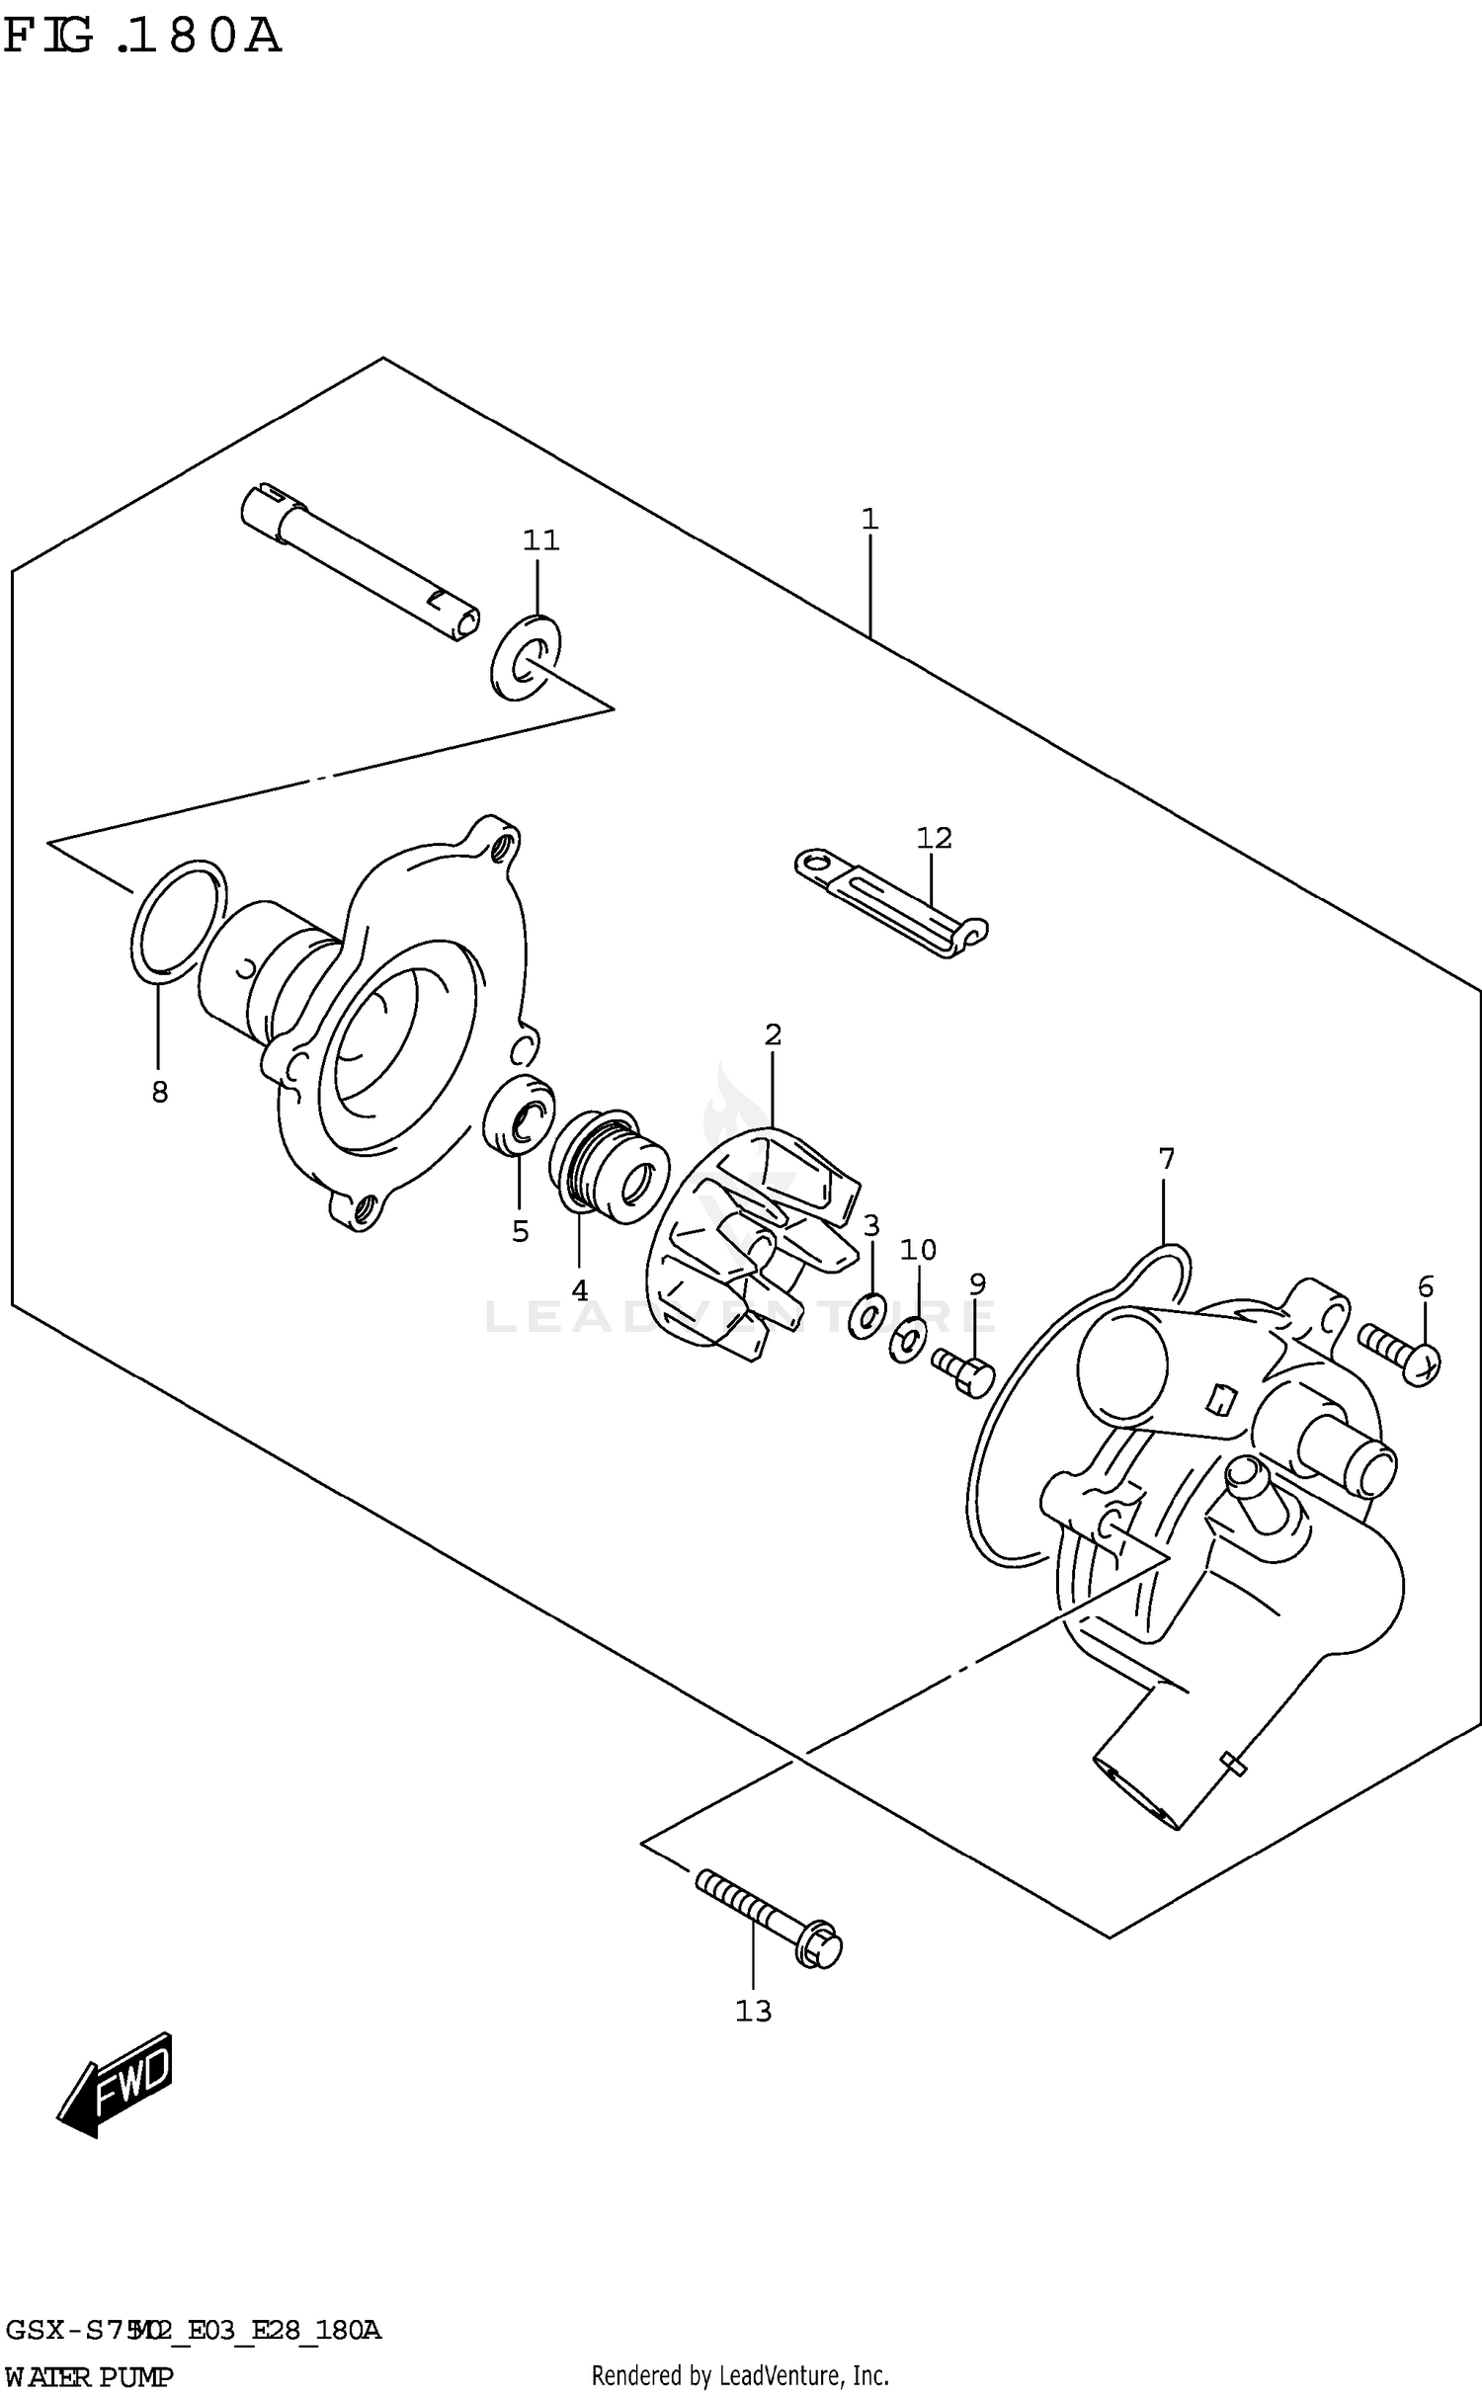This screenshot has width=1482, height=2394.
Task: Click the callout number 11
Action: tap(540, 540)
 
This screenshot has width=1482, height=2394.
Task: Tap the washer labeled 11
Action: tap(525, 656)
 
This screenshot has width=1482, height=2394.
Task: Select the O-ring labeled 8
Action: tap(178, 922)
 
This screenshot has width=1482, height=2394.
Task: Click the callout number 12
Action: tap(934, 838)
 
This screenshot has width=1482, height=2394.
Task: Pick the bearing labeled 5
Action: tap(519, 1113)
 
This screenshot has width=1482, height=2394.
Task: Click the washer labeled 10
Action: tap(908, 1341)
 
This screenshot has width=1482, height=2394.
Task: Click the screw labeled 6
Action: tap(1399, 1352)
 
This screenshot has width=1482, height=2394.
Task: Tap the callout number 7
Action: tap(1166, 1158)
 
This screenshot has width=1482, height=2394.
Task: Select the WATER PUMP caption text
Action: tap(89, 2373)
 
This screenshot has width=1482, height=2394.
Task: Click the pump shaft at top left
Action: tap(360, 563)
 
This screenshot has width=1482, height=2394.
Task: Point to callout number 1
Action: tap(869, 520)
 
